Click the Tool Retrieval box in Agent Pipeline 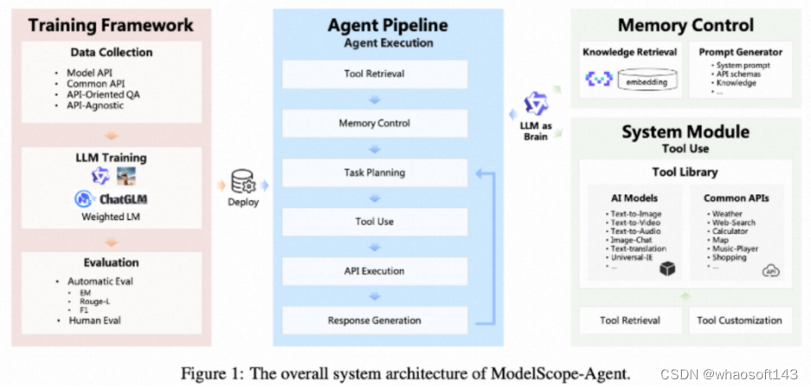pyautogui.click(x=374, y=74)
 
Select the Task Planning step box pyautogui.click(x=374, y=172)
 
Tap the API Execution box pyautogui.click(x=374, y=271)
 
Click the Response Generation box pyautogui.click(x=374, y=320)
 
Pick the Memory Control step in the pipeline pyautogui.click(x=374, y=123)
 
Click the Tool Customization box pyautogui.click(x=739, y=320)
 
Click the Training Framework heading pyautogui.click(x=111, y=24)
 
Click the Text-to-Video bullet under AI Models pyautogui.click(x=634, y=223)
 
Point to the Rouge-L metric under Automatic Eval pyautogui.click(x=96, y=301)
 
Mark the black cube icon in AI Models pyautogui.click(x=666, y=270)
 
